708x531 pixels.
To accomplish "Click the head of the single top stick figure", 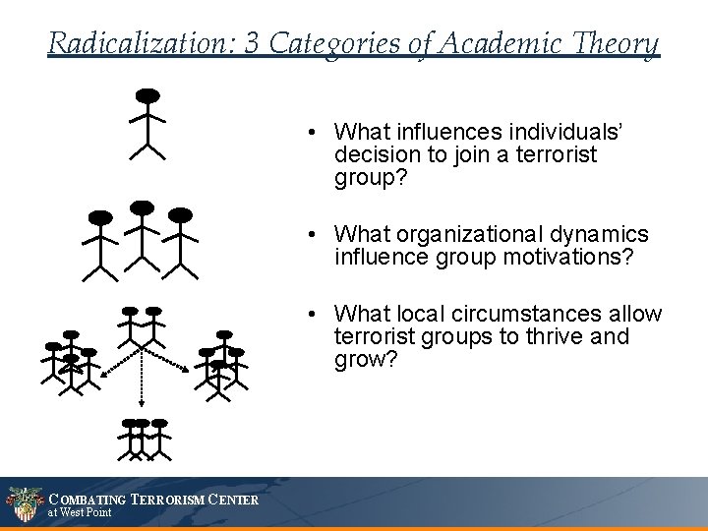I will coord(147,95).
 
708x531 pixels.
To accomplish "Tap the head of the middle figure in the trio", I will coord(143,206).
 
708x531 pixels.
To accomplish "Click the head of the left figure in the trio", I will coord(100,216).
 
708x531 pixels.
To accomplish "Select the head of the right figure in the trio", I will coord(180,214).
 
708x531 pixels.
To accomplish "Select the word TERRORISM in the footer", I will coord(170,501).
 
